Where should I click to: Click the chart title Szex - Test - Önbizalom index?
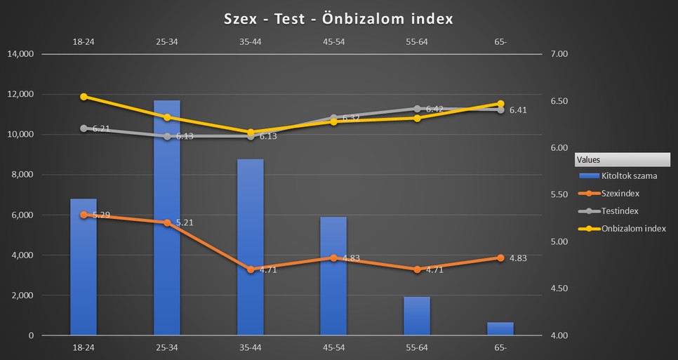[x=338, y=19]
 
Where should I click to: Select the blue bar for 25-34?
[x=167, y=218]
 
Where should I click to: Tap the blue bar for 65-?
[x=500, y=328]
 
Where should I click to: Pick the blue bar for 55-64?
[x=417, y=316]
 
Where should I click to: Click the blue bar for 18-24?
[x=84, y=267]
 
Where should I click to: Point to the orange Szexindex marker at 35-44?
[x=251, y=269]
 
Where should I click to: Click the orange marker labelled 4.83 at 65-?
[x=500, y=258]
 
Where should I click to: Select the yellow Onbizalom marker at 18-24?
[x=84, y=97]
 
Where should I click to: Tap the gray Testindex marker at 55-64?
[x=417, y=109]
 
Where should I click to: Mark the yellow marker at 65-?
[x=500, y=104]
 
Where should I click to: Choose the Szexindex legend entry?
[x=620, y=193]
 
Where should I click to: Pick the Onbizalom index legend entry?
[x=633, y=228]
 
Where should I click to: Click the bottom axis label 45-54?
[x=333, y=347]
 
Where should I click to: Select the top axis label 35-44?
[x=251, y=41]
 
